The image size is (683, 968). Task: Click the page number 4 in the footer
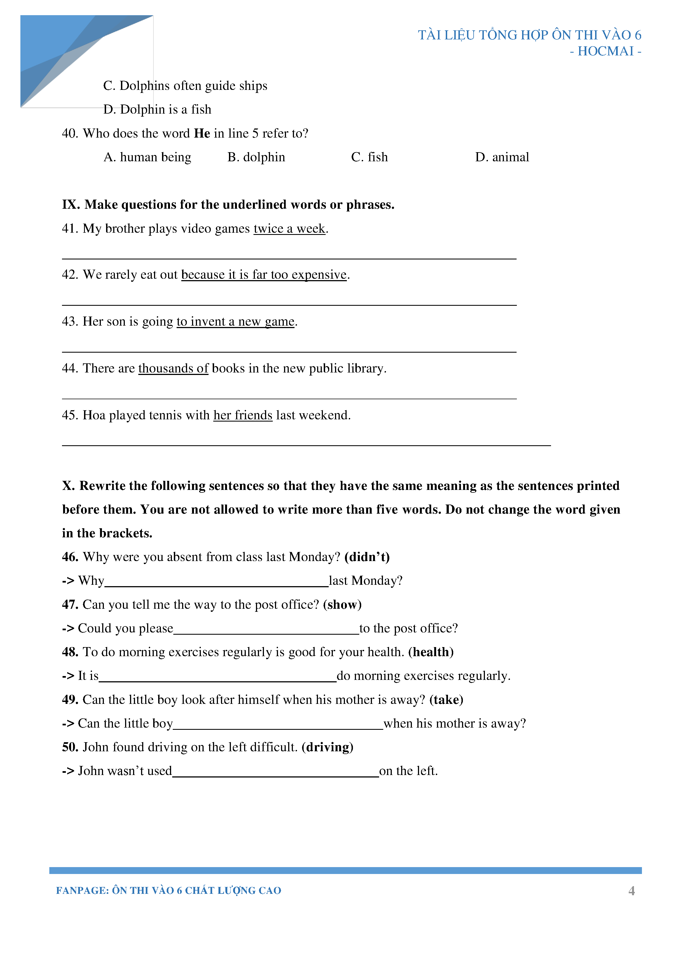[631, 891]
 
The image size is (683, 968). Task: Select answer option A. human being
[147, 157]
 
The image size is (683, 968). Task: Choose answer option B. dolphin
[256, 157]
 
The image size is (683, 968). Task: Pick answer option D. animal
[502, 157]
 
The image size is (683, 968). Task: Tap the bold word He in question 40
[202, 134]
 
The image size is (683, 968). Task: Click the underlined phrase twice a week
[290, 229]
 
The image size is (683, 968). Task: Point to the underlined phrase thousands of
[173, 369]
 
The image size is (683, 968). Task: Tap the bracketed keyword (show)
[342, 605]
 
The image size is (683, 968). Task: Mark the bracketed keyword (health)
[431, 652]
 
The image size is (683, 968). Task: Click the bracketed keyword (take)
[446, 700]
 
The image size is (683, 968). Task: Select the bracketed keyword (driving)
[327, 747]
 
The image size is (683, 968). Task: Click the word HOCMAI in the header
[606, 52]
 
